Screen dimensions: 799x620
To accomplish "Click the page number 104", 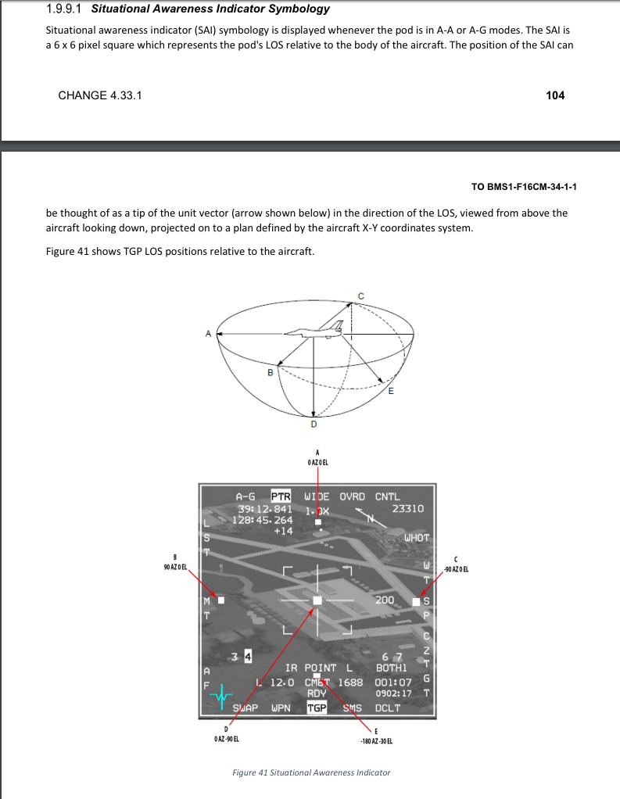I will pos(555,95).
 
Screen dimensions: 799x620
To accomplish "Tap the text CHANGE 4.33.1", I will pos(100,95).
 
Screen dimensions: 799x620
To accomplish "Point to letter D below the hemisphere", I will pos(314,425).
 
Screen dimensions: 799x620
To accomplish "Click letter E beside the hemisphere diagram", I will pos(392,392).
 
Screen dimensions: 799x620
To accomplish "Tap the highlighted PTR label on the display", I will pos(281,496).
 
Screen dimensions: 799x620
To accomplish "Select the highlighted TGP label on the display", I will pos(317,708).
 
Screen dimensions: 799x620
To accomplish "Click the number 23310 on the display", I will pos(407,508).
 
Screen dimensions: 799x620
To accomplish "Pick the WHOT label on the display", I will pos(416,538).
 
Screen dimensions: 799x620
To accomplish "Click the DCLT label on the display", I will pos(387,708).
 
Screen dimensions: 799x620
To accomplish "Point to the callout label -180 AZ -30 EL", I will pos(376,740).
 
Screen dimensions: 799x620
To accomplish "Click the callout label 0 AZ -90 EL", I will pos(227,739).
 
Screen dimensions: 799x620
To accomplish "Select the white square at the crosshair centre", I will pos(317,600).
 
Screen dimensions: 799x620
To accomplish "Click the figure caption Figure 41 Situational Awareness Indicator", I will pos(311,772).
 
